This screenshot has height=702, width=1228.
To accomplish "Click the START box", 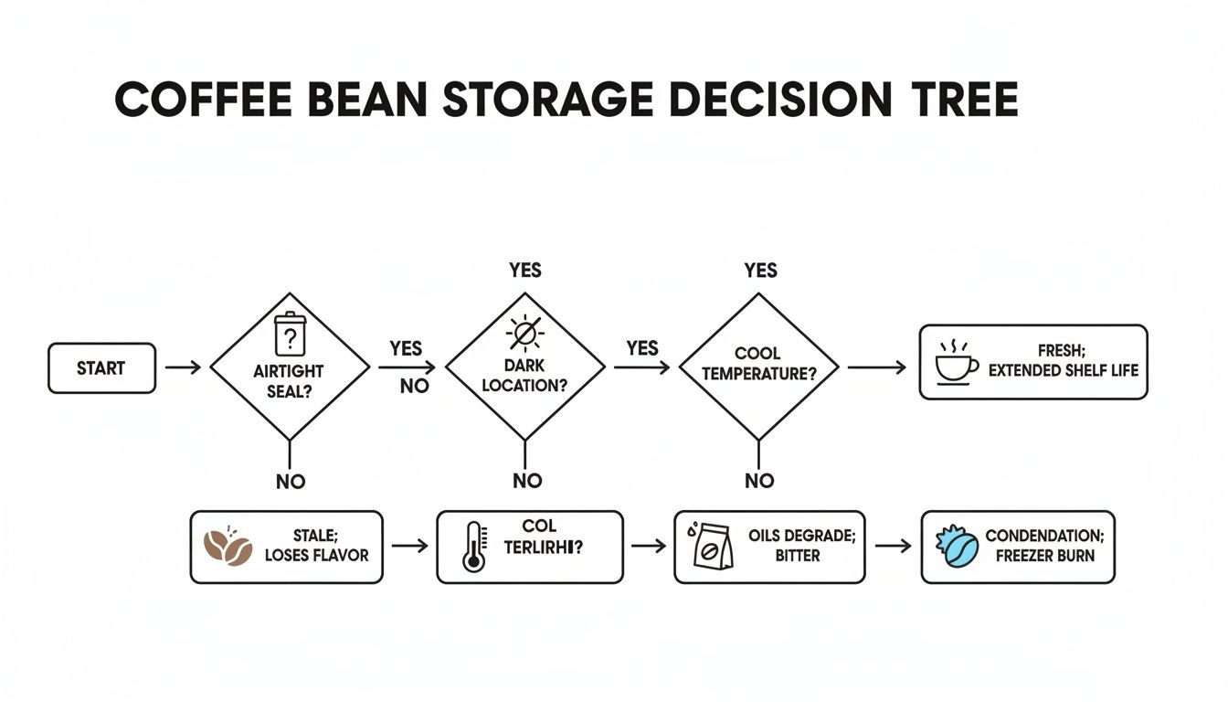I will coord(101,367).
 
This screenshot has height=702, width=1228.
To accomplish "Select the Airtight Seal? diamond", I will coord(290,367).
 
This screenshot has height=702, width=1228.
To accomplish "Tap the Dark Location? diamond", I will coord(524,367).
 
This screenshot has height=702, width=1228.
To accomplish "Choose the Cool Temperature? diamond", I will coord(759,367).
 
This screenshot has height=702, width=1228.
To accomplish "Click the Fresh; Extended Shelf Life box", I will coord(1032,362).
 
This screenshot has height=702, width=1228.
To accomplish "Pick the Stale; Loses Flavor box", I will coord(286,547).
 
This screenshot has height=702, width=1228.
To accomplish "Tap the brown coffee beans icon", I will coord(227,546).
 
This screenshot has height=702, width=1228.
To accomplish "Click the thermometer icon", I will coord(474,548).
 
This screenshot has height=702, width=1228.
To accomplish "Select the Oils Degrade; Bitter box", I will coord(768,547).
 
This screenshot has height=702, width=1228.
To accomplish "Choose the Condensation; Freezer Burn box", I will coord(1017,547).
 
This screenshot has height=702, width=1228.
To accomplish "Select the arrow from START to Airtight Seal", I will coord(183,367).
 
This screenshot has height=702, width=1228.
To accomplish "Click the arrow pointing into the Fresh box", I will coord(876,367).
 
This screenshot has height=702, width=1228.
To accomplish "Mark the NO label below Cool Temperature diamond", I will coord(759,481).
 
